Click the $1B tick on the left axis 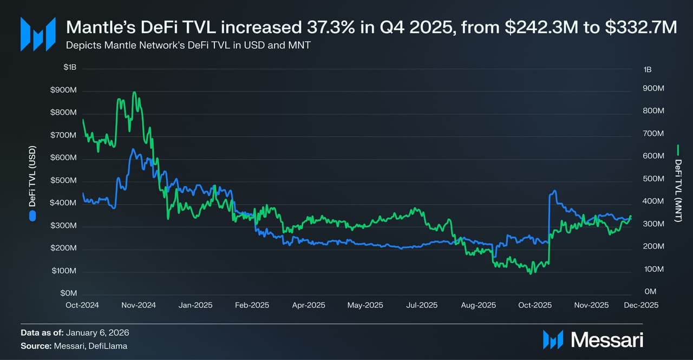(69, 68)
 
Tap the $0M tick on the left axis (68, 293)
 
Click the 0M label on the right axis (650, 292)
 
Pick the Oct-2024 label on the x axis (82, 305)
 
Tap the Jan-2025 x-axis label (195, 305)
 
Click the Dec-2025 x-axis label (641, 305)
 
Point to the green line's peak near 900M (134, 93)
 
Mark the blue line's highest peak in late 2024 (132, 149)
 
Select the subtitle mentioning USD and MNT (188, 45)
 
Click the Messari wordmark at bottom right (607, 340)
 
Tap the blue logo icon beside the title (38, 34)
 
